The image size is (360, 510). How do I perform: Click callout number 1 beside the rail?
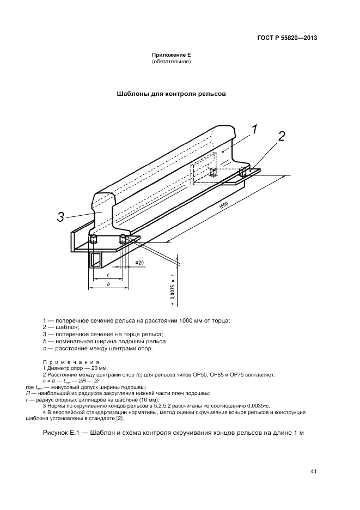coord(255,130)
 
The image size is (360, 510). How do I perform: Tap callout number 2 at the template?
coord(281,137)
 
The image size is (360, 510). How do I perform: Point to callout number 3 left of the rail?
coord(62,218)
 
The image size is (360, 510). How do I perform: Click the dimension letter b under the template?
coord(109,283)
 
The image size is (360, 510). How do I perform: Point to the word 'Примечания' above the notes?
coord(70,362)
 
